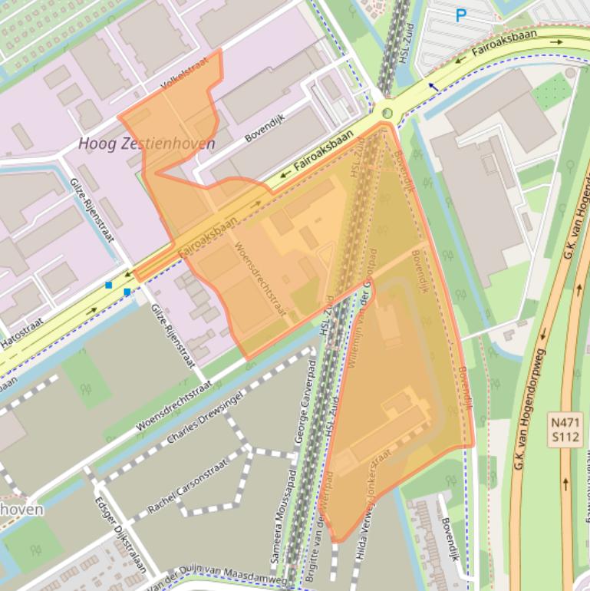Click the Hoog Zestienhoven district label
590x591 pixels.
click(x=147, y=144)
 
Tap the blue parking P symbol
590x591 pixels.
click(x=461, y=15)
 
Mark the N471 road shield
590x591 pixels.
click(x=566, y=422)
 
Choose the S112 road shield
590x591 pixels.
click(x=566, y=437)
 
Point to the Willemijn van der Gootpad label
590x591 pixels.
click(x=360, y=307)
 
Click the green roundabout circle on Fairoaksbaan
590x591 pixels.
click(x=387, y=114)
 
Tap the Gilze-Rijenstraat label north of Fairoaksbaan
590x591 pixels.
click(x=91, y=207)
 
